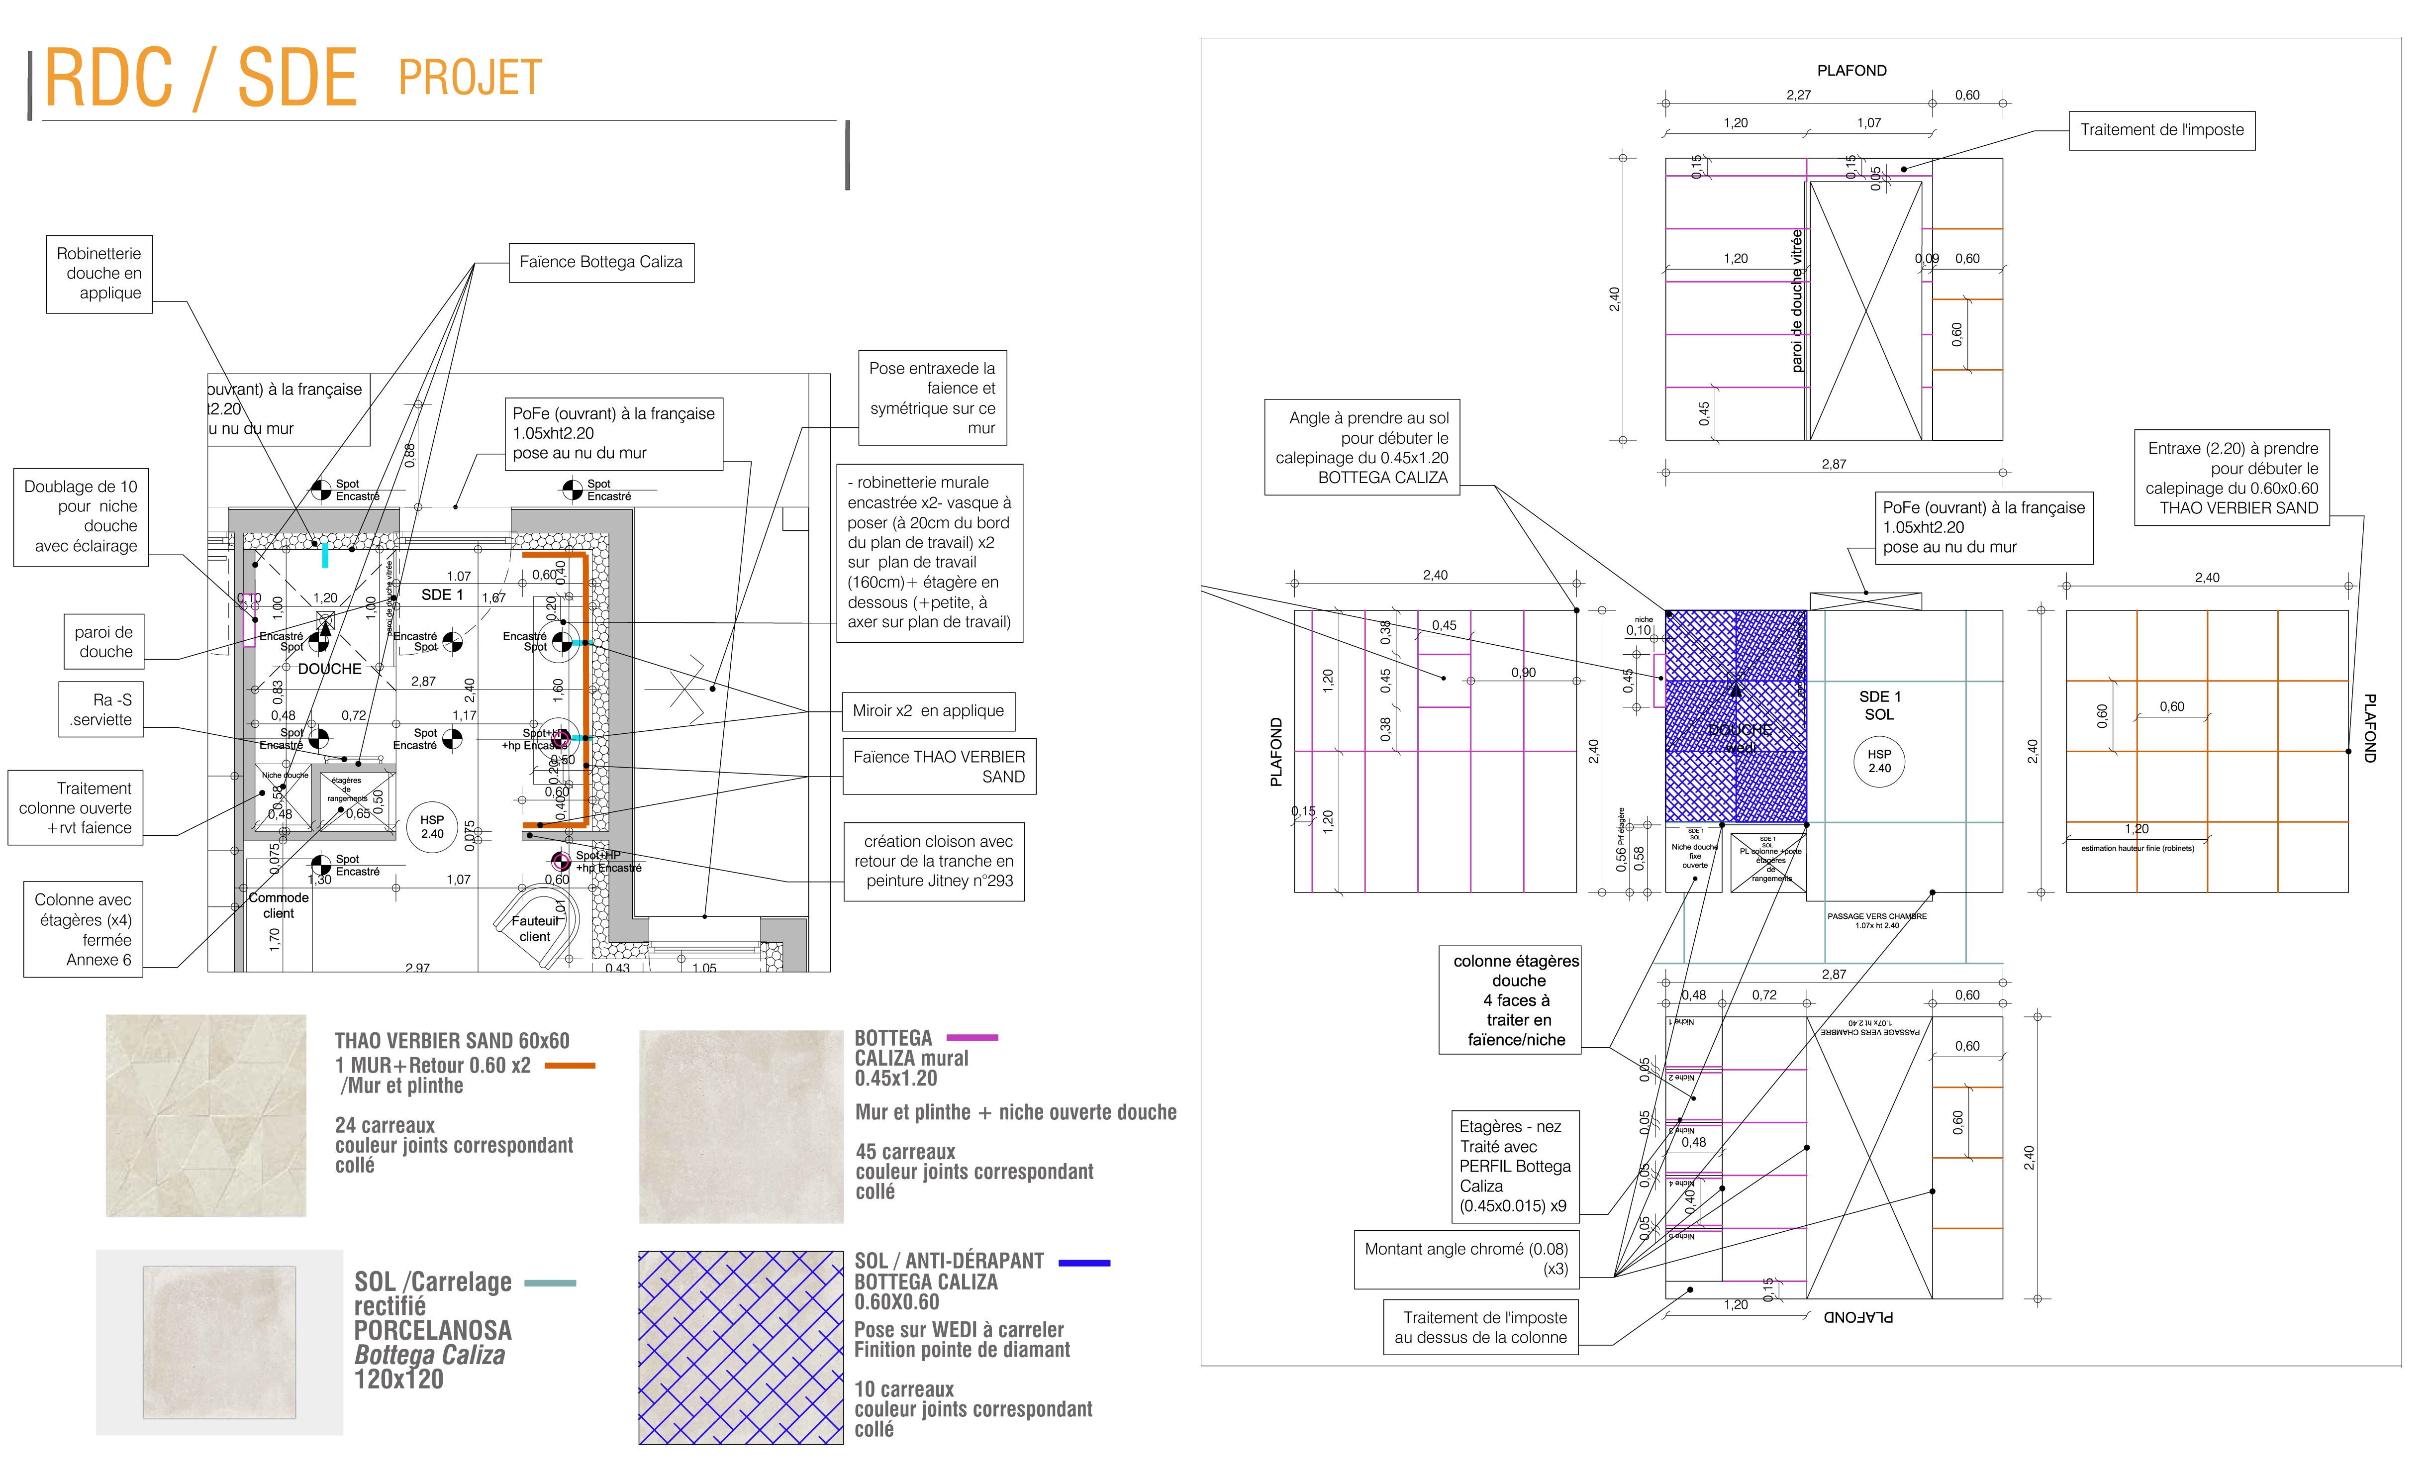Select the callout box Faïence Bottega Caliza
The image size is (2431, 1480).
point(601,263)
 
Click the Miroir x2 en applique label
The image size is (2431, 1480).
point(927,710)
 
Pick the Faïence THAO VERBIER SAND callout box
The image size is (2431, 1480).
point(938,767)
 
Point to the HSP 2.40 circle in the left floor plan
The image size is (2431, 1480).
point(432,827)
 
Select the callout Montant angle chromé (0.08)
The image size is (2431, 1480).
point(1466,1259)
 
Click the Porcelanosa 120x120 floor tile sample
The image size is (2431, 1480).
point(219,1342)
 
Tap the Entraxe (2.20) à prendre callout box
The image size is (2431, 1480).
point(2232,478)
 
